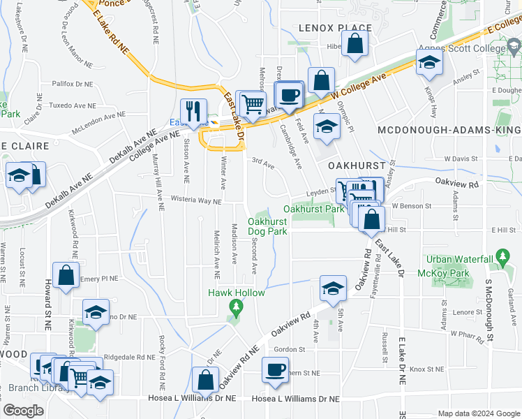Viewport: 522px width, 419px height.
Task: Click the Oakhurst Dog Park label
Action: point(267,227)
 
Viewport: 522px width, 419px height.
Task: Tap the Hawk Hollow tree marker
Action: point(237,306)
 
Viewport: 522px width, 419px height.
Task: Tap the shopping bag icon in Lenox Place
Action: point(357,43)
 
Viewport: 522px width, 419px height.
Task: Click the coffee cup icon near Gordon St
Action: point(275,369)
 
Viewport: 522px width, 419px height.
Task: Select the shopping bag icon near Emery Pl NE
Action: point(66,274)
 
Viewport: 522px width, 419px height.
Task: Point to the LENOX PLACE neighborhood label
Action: point(335,27)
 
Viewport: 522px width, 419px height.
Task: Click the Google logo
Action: point(22,411)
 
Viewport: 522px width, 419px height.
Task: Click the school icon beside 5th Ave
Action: point(333,286)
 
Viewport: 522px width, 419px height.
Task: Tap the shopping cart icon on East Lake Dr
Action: point(253,104)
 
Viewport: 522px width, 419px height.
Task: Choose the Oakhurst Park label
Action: point(314,209)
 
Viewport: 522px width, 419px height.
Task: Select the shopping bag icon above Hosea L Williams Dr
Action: point(205,380)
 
